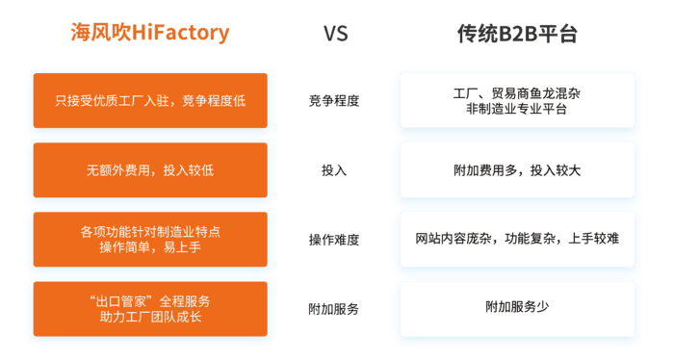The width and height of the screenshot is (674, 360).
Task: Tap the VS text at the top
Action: point(334,35)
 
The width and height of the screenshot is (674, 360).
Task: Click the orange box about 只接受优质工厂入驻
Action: point(150,100)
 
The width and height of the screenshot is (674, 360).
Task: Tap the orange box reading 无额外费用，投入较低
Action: point(150,169)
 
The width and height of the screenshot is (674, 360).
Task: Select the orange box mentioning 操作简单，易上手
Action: point(150,239)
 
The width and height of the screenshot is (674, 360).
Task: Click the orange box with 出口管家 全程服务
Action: point(150,308)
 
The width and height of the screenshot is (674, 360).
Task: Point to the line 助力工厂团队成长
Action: point(150,317)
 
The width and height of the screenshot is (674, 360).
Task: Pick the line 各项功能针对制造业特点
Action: point(150,231)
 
